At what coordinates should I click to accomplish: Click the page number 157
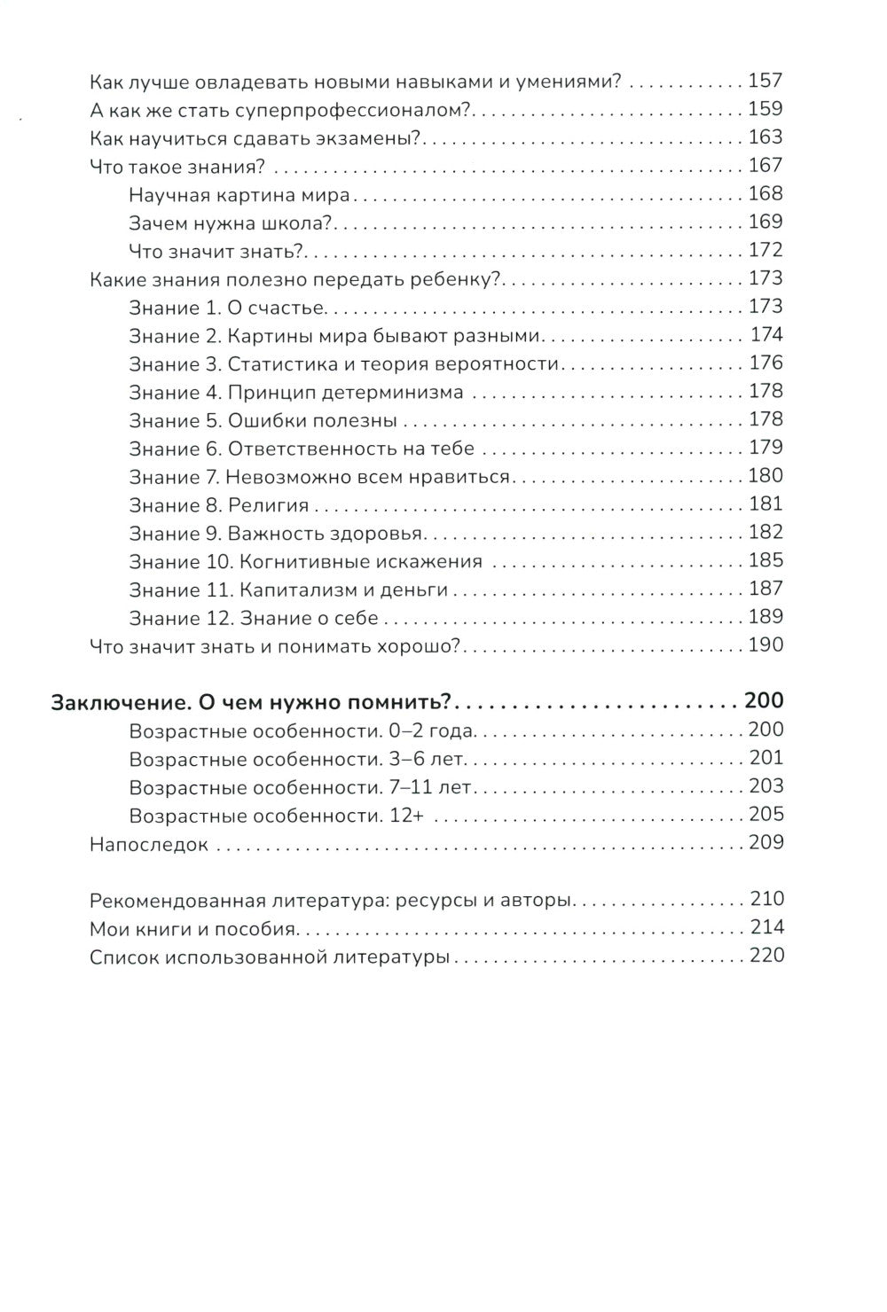[x=765, y=82]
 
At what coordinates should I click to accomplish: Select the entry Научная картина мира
[x=239, y=195]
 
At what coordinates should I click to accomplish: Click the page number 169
[x=765, y=223]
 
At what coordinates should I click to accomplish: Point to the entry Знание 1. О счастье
[x=228, y=308]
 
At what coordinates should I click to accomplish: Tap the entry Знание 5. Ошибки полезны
[x=263, y=421]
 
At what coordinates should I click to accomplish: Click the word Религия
[x=268, y=505]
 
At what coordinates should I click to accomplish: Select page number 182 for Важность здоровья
[x=765, y=533]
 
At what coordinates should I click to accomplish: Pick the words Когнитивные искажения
[x=355, y=562]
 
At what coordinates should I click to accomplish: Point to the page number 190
[x=765, y=646]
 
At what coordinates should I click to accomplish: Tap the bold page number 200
[x=764, y=702]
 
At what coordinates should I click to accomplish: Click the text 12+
[x=405, y=816]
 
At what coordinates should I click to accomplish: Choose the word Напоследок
[x=149, y=845]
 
